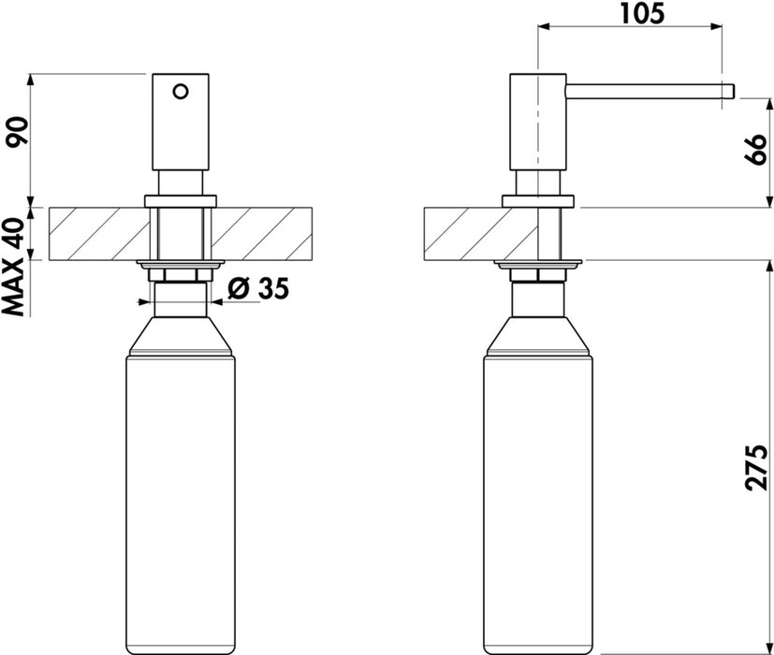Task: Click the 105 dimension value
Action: pyautogui.click(x=642, y=13)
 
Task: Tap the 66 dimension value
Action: pyautogui.click(x=755, y=150)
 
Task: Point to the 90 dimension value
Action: pyautogui.click(x=16, y=132)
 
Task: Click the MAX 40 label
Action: pyautogui.click(x=13, y=267)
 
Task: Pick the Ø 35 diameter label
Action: pyautogui.click(x=258, y=288)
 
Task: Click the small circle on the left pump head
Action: pyautogui.click(x=181, y=92)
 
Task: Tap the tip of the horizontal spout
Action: pyautogui.click(x=734, y=92)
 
